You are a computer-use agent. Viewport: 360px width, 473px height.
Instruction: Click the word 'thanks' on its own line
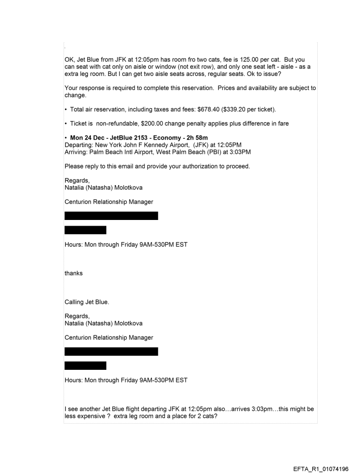[x=73, y=273]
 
